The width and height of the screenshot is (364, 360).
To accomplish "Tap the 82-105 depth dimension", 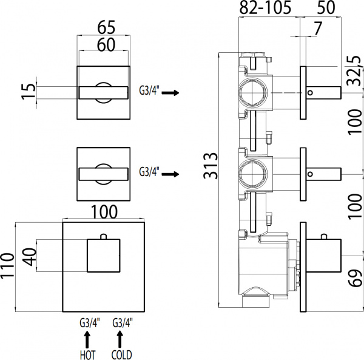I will (266, 8).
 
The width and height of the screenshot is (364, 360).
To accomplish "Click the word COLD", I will (122, 354).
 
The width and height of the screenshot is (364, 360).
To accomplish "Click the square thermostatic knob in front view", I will (104, 255).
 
